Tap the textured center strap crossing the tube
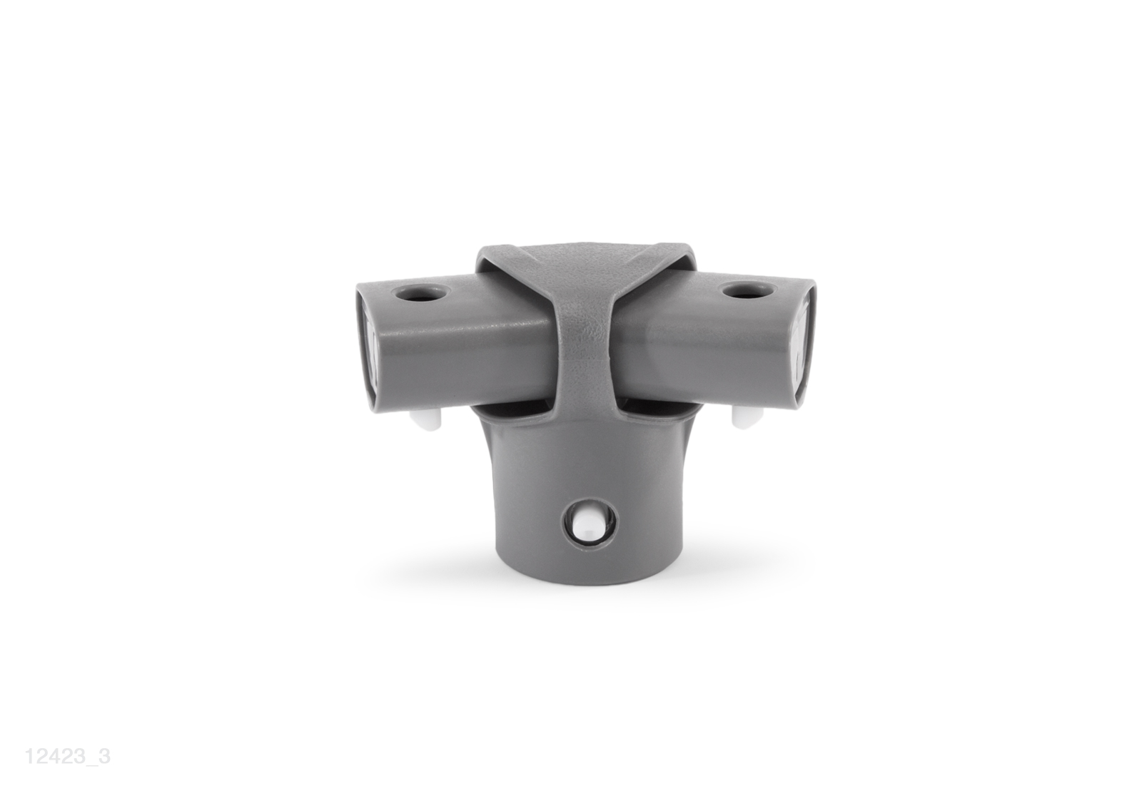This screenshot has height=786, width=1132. pyautogui.click(x=586, y=333)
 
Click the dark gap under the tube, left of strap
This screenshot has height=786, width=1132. pyautogui.click(x=510, y=409)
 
